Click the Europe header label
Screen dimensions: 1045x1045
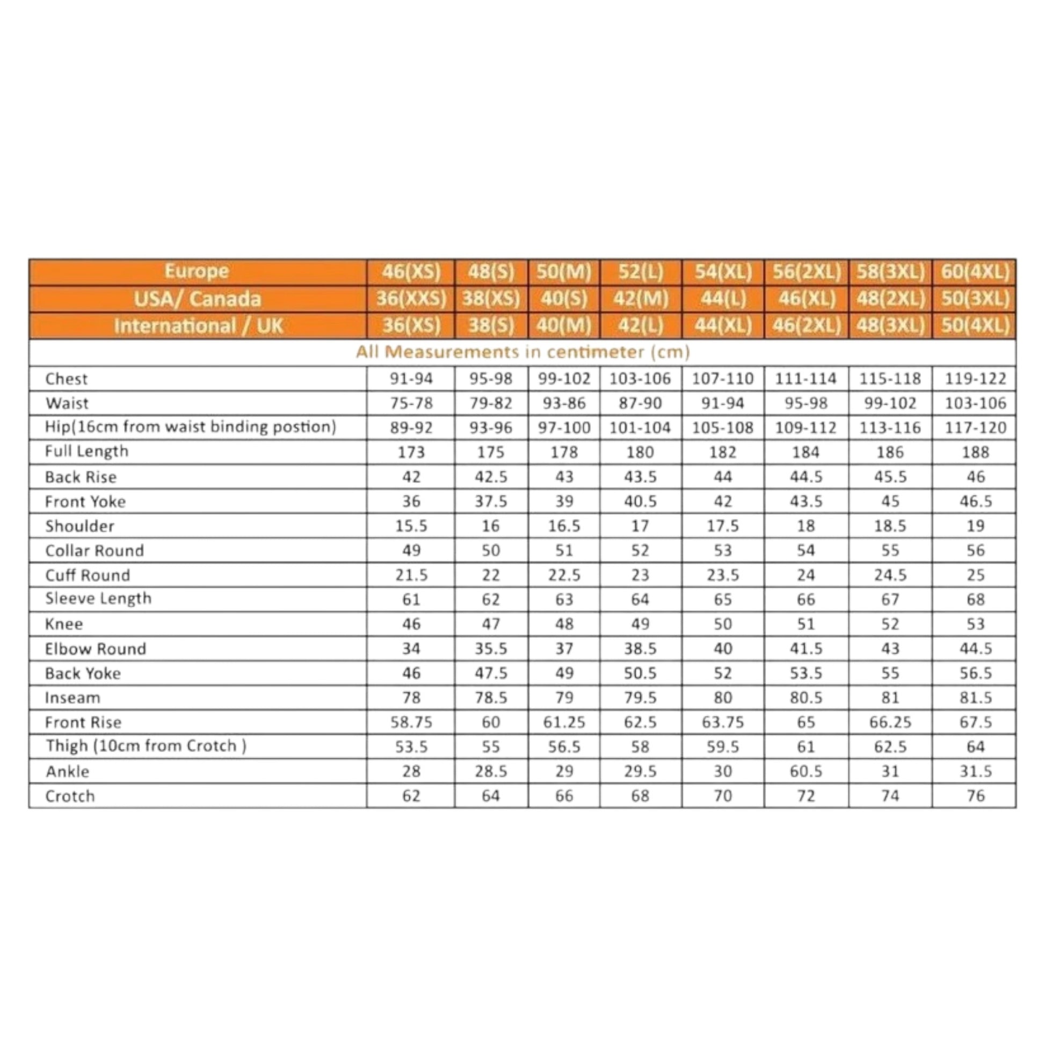coord(197,271)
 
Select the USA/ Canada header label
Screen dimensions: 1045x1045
coord(198,299)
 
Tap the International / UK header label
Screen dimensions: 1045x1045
coord(198,325)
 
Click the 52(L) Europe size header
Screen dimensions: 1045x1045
coord(641,271)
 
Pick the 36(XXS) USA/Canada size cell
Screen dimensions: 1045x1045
coord(411,299)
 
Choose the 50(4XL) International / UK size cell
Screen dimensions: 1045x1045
coord(975,325)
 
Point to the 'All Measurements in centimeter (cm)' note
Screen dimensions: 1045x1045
coord(522,352)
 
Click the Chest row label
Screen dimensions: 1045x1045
coord(66,379)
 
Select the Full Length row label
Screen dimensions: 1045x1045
coord(86,452)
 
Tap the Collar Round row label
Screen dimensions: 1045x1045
coord(95,550)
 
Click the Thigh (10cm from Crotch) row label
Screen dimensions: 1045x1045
coord(146,746)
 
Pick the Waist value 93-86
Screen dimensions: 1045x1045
coord(564,403)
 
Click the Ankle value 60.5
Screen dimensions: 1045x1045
coord(805,771)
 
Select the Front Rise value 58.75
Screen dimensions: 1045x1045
coord(411,722)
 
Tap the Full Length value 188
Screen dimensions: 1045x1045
coord(975,452)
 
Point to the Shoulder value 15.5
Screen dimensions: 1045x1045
coord(411,526)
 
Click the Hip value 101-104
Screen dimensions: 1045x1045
coord(640,428)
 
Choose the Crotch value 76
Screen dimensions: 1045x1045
coord(975,796)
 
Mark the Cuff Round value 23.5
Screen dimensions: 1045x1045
coord(723,575)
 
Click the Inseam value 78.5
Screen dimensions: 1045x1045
coord(491,698)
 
